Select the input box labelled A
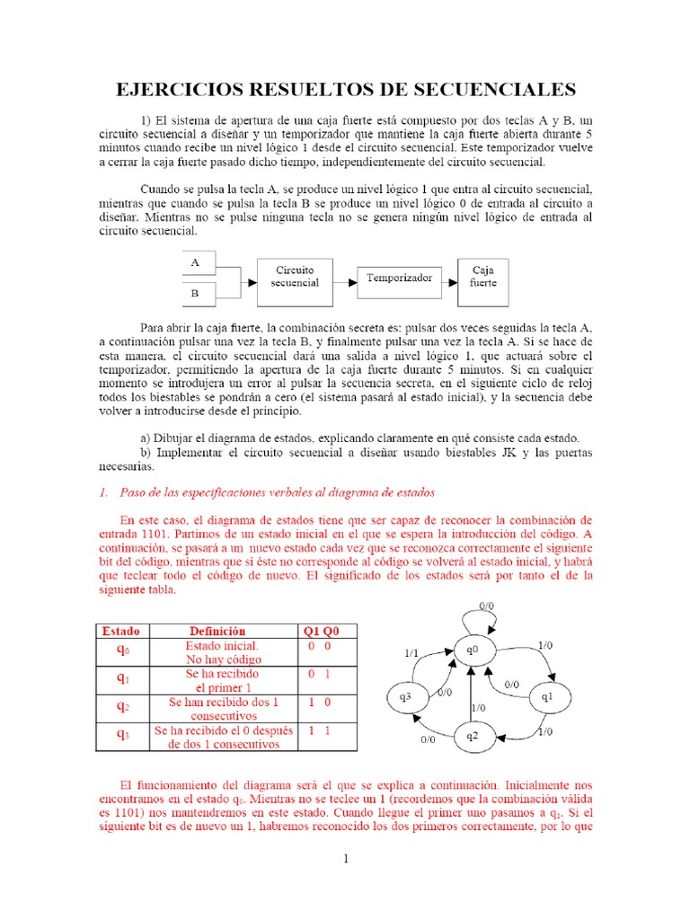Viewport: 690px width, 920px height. pyautogui.click(x=200, y=262)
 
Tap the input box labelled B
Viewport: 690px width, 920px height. pyautogui.click(x=200, y=293)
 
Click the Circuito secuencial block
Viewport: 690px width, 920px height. pyautogui.click(x=296, y=277)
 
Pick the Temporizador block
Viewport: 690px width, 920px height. pyautogui.click(x=399, y=279)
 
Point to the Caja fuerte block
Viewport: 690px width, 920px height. pyautogui.click(x=483, y=277)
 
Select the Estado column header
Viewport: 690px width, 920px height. pyautogui.click(x=119, y=631)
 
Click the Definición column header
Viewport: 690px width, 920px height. pyautogui.click(x=217, y=631)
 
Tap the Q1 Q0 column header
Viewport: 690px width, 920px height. pyautogui.click(x=320, y=631)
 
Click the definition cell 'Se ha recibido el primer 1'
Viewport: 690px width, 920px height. pyautogui.click(x=221, y=680)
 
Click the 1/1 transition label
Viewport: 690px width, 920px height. pyautogui.click(x=411, y=653)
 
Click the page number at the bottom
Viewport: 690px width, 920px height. pyautogui.click(x=345, y=859)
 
